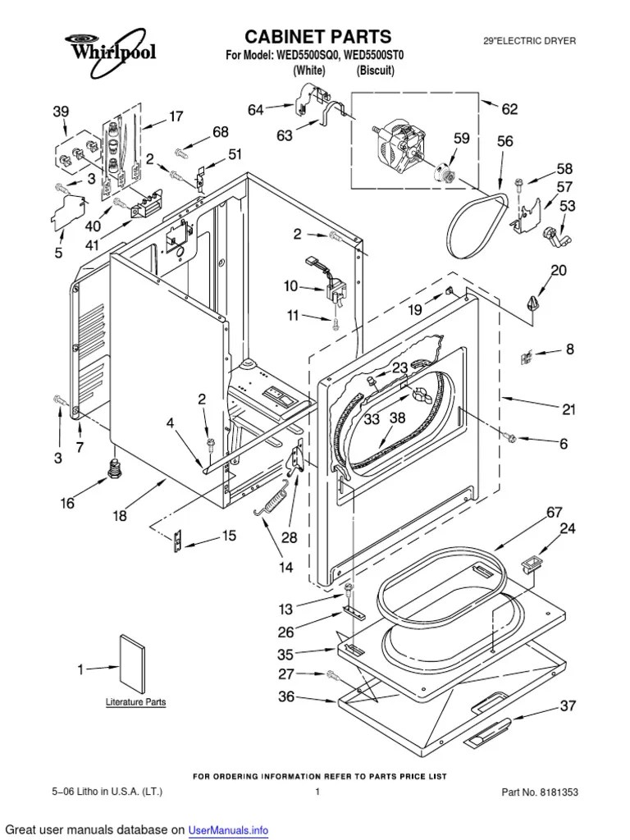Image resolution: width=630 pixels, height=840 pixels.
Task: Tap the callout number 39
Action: (x=62, y=112)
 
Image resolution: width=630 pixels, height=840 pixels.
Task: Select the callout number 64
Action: (x=257, y=109)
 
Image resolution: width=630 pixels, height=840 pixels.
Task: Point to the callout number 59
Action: (x=462, y=139)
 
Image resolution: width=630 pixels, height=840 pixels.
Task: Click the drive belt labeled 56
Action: (x=476, y=217)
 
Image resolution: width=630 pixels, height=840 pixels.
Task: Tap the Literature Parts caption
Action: (x=135, y=702)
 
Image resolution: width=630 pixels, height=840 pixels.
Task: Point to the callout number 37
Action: (x=568, y=705)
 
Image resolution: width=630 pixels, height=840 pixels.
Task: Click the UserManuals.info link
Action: (x=229, y=830)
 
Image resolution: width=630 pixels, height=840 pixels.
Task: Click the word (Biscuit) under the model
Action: (x=376, y=71)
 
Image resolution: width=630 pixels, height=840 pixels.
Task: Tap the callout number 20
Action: (x=558, y=271)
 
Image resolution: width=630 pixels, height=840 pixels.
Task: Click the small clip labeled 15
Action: (x=174, y=541)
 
